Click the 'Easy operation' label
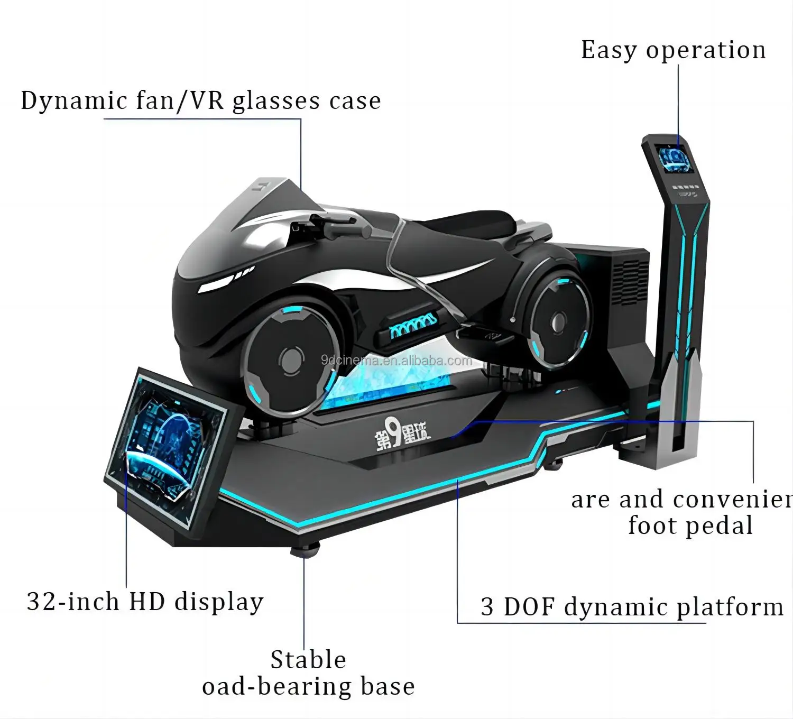[x=673, y=51]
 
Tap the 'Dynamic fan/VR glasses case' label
[x=201, y=100]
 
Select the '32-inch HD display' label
[x=145, y=602]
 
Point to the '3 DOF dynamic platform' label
[x=632, y=607]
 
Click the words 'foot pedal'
[x=690, y=526]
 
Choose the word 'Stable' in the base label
[x=308, y=660]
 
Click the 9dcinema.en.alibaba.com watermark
[x=396, y=361]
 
